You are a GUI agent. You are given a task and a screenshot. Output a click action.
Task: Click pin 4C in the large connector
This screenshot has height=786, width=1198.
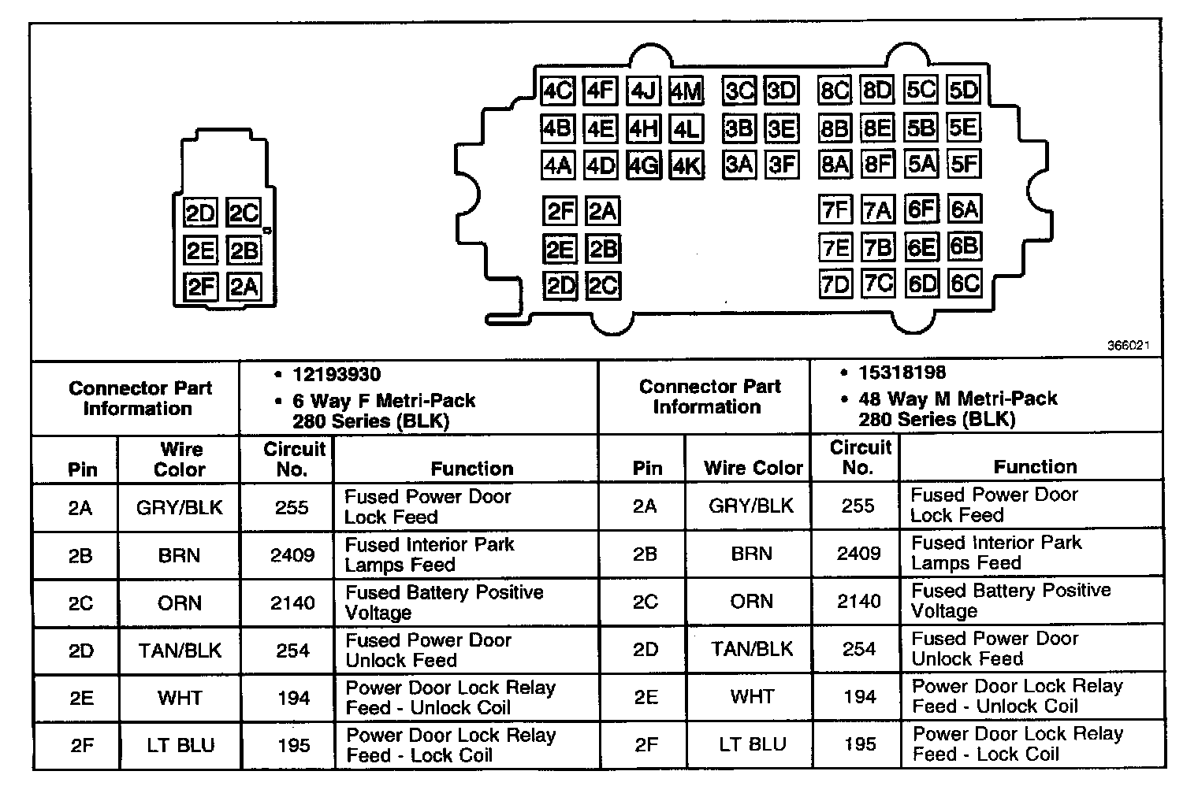[558, 91]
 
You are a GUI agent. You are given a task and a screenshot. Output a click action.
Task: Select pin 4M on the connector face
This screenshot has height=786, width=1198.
[686, 92]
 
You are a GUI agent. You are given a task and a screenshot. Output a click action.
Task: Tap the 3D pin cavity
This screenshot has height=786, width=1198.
[782, 91]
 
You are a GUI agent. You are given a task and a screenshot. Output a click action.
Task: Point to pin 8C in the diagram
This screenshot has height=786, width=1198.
[835, 91]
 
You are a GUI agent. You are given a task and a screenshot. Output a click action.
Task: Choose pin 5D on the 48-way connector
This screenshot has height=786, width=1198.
[963, 91]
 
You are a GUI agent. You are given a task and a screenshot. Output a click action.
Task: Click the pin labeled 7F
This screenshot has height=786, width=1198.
[835, 210]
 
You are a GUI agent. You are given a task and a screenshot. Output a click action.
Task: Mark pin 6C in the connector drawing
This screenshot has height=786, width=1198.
[964, 284]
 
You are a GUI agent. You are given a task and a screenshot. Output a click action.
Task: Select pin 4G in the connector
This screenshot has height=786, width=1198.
[643, 165]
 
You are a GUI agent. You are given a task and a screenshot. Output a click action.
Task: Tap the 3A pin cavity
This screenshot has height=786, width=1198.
[739, 165]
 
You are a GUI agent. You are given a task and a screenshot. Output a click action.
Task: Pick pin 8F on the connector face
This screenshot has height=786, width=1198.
[877, 165]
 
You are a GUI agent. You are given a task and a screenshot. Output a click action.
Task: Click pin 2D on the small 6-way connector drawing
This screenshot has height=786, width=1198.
[200, 213]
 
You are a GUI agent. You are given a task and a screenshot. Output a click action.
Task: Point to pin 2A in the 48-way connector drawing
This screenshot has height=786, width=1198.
[603, 211]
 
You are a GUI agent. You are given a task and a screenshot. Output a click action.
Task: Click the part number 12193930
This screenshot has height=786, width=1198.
[337, 375]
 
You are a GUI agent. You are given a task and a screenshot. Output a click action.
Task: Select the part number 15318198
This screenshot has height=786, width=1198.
[902, 373]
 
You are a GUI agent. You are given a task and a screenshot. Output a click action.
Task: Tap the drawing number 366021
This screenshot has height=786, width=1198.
[1129, 346]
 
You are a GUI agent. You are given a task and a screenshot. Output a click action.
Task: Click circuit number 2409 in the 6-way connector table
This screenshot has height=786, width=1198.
[292, 555]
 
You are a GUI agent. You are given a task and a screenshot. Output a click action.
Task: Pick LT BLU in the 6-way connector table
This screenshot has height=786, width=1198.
[180, 745]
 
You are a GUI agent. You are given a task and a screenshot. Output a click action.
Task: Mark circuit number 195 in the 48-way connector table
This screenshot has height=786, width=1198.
[859, 743]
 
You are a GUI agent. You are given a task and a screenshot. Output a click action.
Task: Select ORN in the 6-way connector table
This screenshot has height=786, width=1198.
[180, 603]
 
